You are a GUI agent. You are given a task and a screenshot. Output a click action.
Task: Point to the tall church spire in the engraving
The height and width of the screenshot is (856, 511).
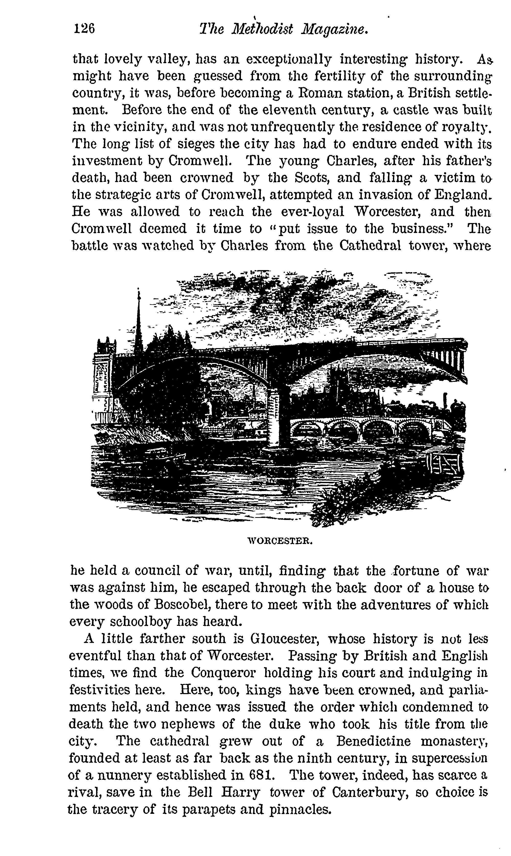click(x=138, y=320)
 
